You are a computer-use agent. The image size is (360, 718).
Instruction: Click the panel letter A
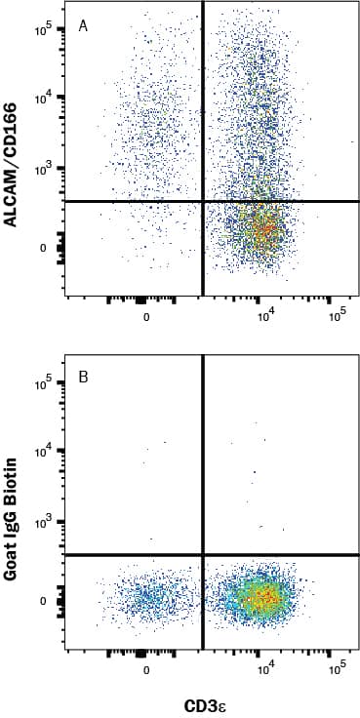pos(84,26)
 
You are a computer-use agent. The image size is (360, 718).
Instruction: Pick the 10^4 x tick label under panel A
pos(264,317)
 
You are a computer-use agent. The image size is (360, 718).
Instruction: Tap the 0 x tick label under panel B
pos(145,670)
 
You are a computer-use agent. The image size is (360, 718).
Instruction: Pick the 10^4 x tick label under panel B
pos(264,670)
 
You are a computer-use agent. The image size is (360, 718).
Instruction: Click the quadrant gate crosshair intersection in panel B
pos(202,554)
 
